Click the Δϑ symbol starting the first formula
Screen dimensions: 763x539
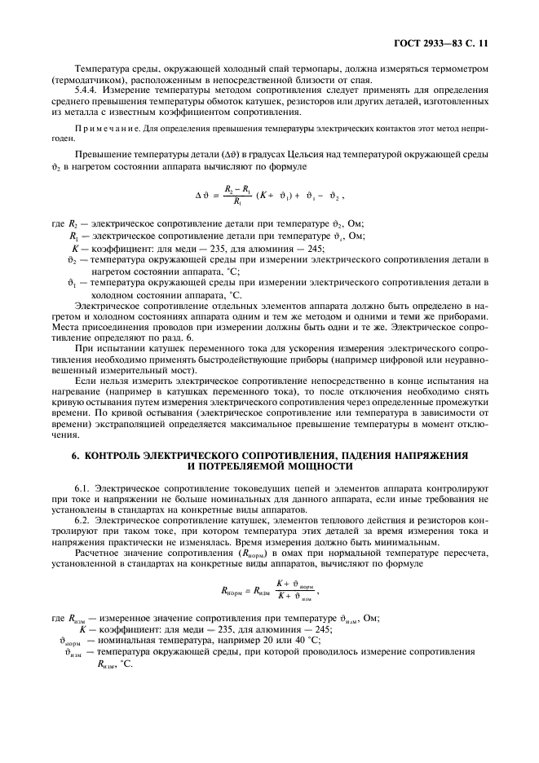tap(203, 196)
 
